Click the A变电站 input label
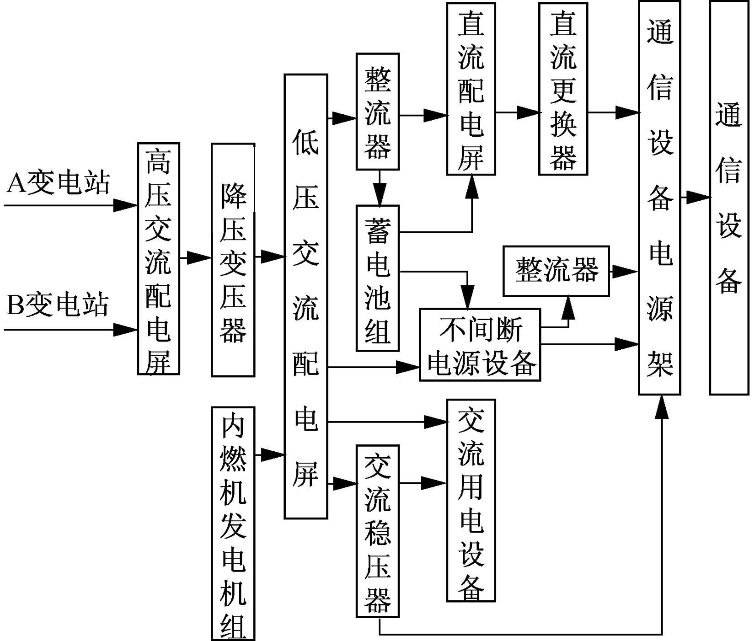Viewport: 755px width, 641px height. coord(59,183)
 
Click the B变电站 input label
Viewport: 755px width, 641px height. coord(58,305)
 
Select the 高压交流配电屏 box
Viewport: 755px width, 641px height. coord(158,259)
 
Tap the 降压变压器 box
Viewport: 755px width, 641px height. coord(233,260)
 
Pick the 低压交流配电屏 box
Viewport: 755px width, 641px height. coord(306,296)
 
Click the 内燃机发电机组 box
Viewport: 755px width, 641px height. coord(233,523)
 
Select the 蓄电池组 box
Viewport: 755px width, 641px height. coord(378,278)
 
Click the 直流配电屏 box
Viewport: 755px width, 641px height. coord(471,89)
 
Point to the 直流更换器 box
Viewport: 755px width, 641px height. coord(563,89)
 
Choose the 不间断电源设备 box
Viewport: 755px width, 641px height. coord(480,345)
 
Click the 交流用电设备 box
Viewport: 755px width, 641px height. coord(471,500)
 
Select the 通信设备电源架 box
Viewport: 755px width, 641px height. coord(659,198)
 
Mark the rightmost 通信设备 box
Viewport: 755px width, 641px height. coord(728,198)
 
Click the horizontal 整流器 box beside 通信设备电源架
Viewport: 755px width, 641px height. coord(556,271)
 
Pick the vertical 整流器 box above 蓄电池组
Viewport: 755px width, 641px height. coord(378,112)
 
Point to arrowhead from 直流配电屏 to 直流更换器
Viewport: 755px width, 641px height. coord(530,112)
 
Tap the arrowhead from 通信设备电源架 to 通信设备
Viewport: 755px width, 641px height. coord(700,198)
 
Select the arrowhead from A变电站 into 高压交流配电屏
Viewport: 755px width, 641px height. coord(126,205)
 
